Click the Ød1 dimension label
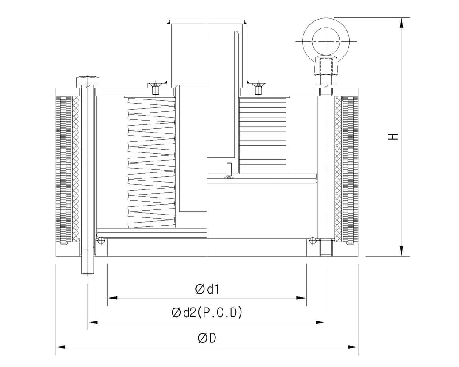pos(207,289)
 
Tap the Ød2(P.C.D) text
pos(207,313)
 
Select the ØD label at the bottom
pos(207,338)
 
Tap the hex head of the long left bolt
pos(88,81)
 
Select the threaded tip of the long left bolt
pos(88,267)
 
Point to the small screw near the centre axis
pos(229,170)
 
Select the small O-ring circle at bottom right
pos(313,241)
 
